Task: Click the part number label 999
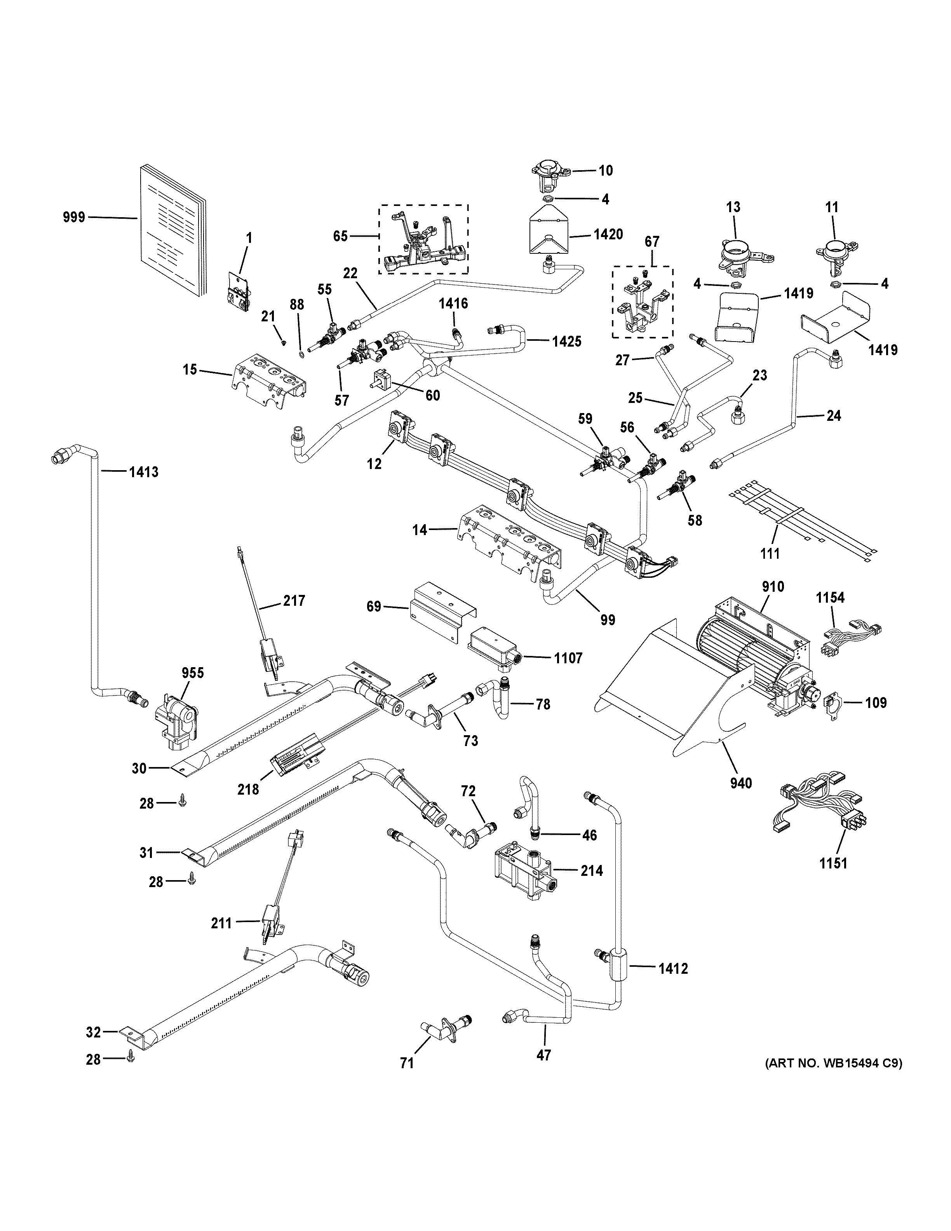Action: click(73, 217)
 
